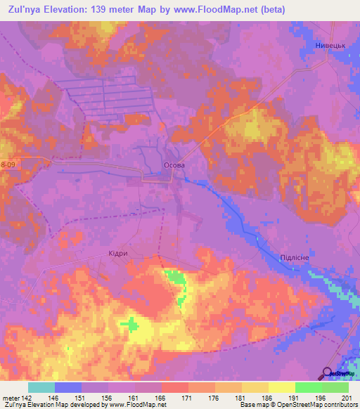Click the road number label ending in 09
7,164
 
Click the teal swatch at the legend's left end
41,387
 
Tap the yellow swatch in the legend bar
281,387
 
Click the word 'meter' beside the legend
9,397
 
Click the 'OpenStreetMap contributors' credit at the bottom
317,405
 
